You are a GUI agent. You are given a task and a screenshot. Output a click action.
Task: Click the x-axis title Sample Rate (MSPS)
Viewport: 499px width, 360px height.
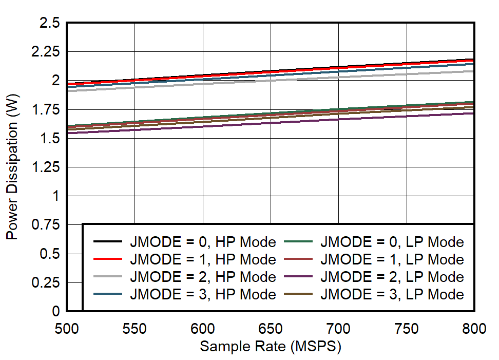coord(270,347)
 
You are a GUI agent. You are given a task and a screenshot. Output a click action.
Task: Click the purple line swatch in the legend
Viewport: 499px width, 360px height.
coord(298,277)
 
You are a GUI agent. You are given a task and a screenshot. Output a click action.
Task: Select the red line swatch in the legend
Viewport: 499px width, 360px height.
coord(108,259)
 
